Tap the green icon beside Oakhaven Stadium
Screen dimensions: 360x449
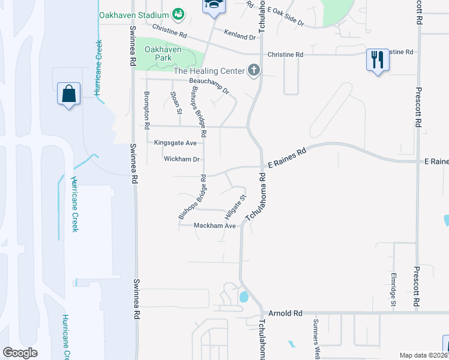pos(178,13)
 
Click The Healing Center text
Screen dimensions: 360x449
pos(208,71)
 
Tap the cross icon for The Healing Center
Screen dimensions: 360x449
pos(254,71)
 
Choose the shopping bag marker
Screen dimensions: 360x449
pos(68,94)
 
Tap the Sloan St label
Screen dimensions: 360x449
pos(175,102)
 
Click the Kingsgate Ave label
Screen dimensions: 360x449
pos(175,143)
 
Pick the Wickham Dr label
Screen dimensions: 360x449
pos(181,160)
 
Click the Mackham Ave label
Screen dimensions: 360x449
pos(214,226)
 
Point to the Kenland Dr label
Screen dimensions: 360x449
pos(240,36)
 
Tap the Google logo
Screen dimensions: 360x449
pos(20,353)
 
